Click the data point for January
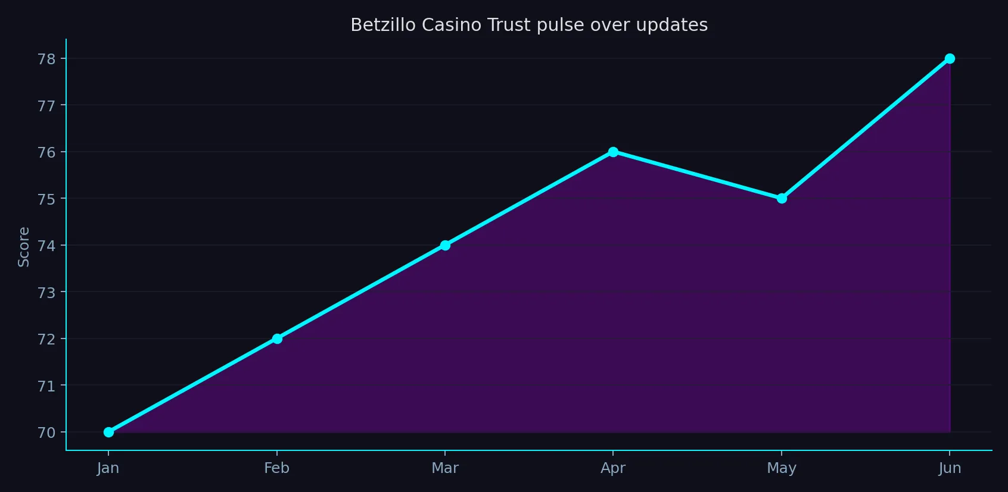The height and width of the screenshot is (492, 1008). [x=108, y=432]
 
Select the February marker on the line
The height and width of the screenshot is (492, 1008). [x=277, y=339]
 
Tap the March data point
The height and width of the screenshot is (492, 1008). [x=445, y=245]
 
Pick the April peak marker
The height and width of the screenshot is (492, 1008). [x=613, y=152]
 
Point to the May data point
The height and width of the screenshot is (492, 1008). [x=782, y=198]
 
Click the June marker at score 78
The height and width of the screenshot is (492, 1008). [x=950, y=58]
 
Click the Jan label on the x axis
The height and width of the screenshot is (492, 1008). [x=108, y=468]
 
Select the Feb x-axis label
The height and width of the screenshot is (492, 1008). [x=277, y=468]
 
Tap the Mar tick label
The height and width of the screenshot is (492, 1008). [x=445, y=468]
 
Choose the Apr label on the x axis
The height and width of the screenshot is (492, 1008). [x=613, y=468]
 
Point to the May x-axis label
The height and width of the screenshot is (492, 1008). [x=782, y=468]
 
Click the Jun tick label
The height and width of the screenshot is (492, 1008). [x=950, y=468]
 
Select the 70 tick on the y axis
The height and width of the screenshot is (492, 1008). [x=46, y=433]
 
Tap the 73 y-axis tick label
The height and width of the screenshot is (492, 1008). [x=46, y=293]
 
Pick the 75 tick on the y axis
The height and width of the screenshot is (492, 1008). [x=46, y=199]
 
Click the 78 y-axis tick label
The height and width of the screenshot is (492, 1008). [x=46, y=59]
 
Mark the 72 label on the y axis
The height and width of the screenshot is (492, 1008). [x=46, y=339]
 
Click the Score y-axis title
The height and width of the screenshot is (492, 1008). [x=24, y=247]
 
